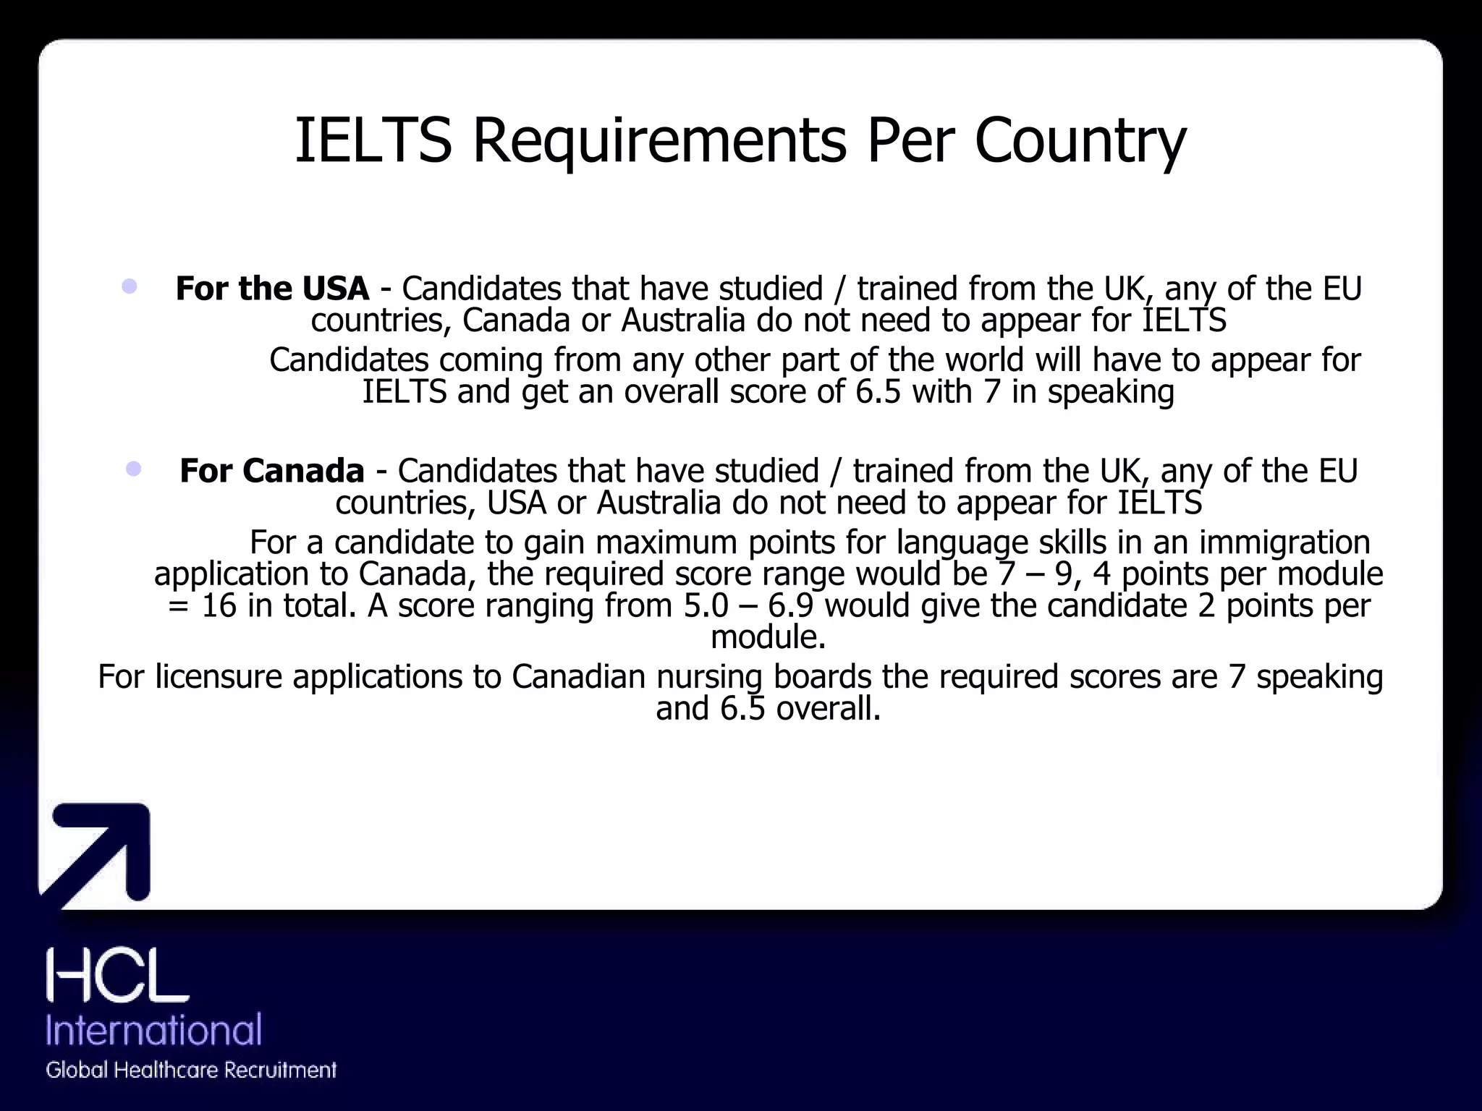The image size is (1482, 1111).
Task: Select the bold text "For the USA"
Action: coord(272,289)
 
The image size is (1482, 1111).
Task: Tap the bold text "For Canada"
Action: coord(271,471)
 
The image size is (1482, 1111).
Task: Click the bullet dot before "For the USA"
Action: coord(130,286)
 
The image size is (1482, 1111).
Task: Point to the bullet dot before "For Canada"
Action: coord(133,469)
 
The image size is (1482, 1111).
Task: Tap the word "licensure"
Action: coord(218,677)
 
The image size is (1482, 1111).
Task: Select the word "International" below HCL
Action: coord(153,1030)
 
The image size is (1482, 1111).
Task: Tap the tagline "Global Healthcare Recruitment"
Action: coord(191,1070)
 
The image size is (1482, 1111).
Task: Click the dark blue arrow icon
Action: coord(101,854)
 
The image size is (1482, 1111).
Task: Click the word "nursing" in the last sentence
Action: coord(709,677)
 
